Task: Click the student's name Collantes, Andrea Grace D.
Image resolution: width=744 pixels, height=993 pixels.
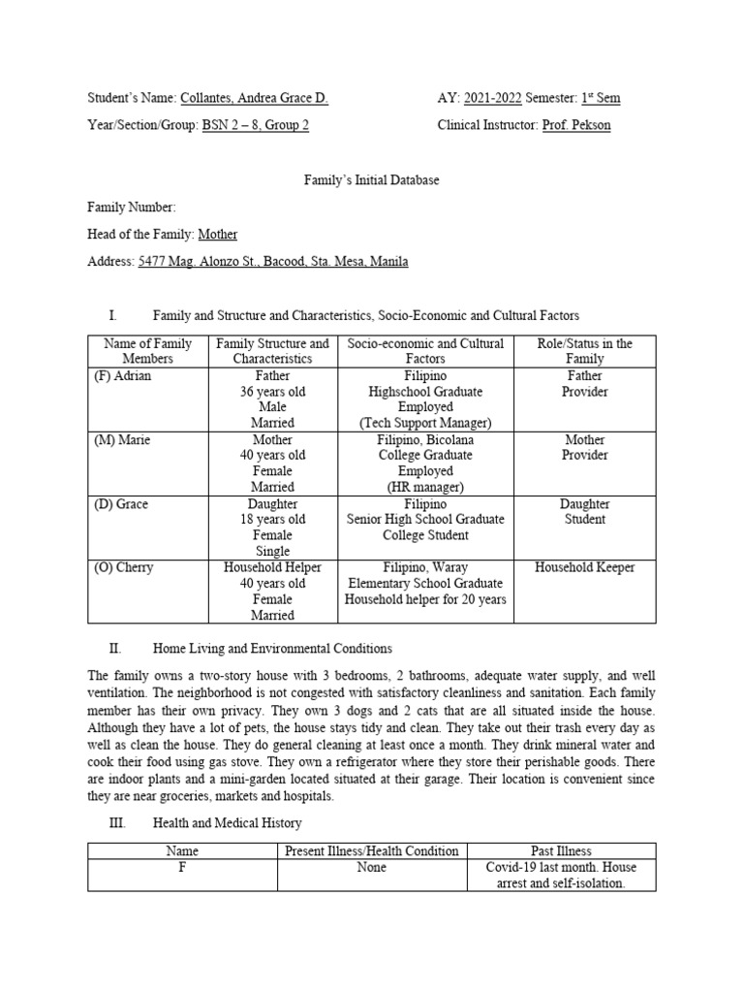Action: (x=254, y=98)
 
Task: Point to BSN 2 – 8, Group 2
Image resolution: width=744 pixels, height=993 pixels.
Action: (x=256, y=125)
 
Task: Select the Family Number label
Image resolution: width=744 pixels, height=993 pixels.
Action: (x=132, y=207)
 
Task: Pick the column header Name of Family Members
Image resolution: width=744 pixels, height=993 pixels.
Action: (x=147, y=351)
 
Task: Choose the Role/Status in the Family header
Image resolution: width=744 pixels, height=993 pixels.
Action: (x=584, y=351)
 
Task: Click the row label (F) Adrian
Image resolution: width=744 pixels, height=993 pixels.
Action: (x=122, y=375)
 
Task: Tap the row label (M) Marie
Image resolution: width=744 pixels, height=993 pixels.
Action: (x=121, y=439)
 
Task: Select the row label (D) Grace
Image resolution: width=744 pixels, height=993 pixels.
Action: (x=121, y=504)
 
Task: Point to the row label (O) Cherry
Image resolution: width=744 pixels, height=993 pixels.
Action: (x=124, y=567)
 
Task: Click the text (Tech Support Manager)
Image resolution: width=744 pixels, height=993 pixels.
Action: (x=425, y=423)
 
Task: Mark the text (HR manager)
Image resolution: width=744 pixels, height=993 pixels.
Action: (x=425, y=487)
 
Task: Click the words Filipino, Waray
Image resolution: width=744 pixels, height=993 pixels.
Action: (x=425, y=567)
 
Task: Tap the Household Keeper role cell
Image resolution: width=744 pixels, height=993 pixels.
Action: (x=584, y=567)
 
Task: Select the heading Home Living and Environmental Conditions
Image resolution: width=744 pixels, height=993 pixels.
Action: (x=272, y=648)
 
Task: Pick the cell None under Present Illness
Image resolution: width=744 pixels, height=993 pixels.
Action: (x=371, y=868)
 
